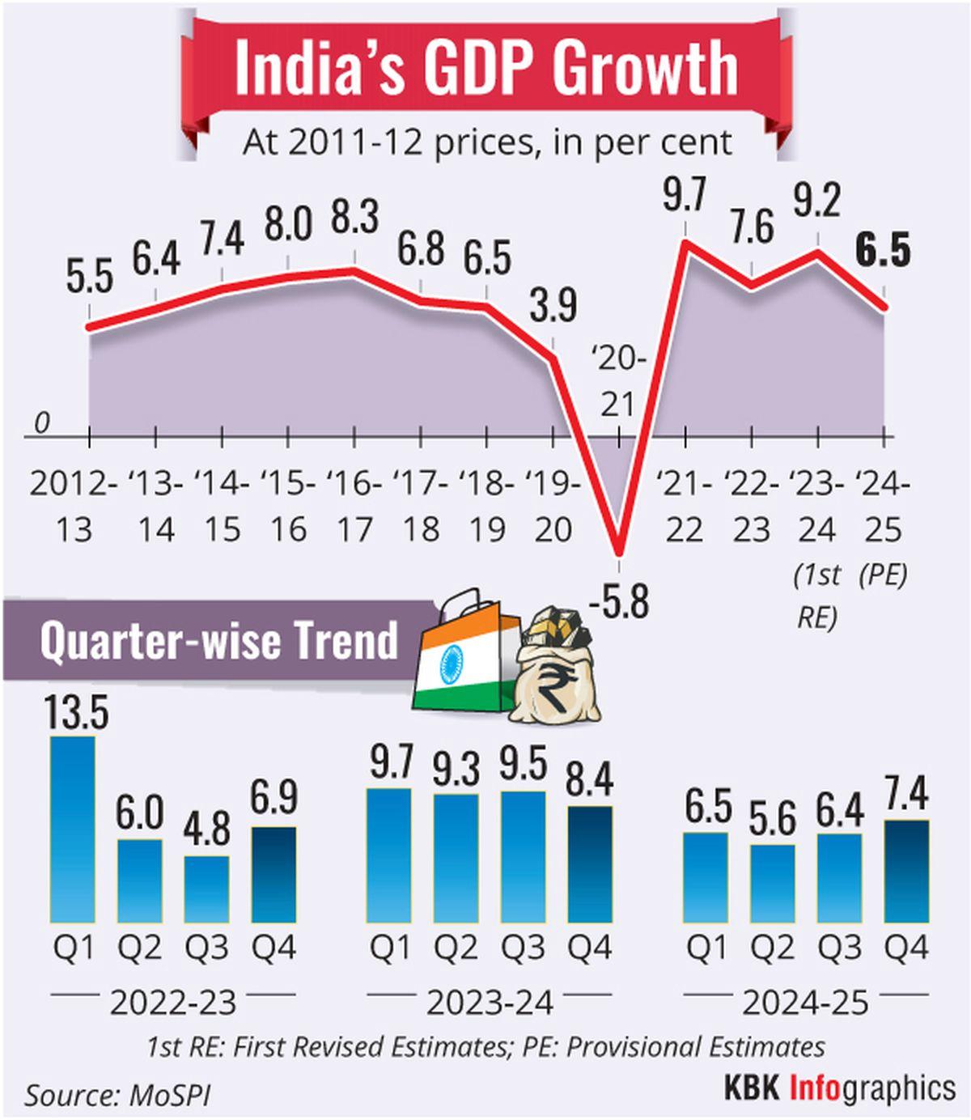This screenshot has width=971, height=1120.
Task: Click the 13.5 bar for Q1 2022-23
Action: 73,829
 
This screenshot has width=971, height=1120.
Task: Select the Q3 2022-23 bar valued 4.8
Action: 207,889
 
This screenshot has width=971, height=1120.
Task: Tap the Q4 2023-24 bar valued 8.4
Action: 589,864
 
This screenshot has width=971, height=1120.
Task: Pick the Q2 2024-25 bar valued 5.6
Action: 772,884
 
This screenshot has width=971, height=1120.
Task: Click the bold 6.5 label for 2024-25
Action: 884,251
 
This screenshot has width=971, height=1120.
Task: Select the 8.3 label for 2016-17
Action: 354,219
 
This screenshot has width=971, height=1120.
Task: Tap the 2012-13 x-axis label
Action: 73,507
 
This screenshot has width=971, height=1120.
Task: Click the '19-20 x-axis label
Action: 553,507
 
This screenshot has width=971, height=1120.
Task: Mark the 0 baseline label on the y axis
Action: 42,422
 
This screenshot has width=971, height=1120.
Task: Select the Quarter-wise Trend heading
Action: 218,640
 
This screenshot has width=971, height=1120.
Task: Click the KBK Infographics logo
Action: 839,1088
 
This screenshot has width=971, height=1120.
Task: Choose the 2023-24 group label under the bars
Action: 490,1003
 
